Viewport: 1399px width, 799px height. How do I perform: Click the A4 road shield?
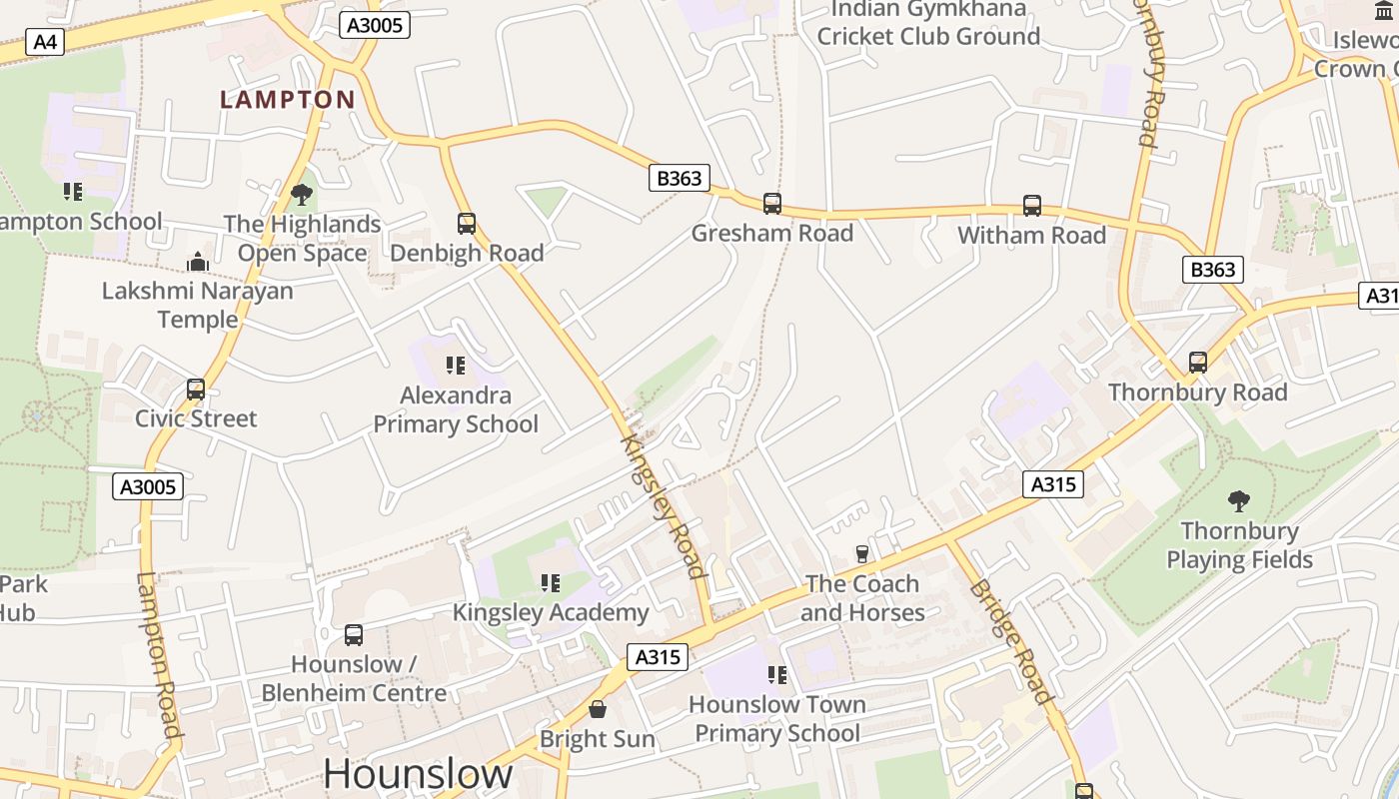(44, 42)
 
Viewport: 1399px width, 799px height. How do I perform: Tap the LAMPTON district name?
(288, 100)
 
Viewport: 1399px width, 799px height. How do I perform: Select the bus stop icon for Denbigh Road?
(467, 224)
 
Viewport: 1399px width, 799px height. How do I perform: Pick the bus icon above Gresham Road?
(772, 204)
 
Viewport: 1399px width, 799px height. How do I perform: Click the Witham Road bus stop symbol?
(1032, 206)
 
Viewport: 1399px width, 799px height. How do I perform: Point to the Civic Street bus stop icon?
(196, 390)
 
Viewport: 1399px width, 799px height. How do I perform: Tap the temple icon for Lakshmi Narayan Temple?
(198, 263)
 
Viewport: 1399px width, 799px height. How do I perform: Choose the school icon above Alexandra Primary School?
(456, 366)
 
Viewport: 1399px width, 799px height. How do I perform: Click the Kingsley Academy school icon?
(551, 582)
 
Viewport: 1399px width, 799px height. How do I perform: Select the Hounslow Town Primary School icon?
(777, 675)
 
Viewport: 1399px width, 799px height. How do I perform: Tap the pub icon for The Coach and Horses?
(862, 553)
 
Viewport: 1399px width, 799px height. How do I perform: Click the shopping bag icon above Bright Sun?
(598, 709)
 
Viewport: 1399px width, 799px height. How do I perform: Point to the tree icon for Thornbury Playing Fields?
(1239, 500)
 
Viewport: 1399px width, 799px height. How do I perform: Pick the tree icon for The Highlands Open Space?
(302, 194)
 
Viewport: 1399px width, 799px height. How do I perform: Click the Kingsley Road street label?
(664, 505)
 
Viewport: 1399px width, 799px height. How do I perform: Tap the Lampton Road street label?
(158, 655)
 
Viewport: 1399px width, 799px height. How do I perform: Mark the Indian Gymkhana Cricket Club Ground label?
(928, 23)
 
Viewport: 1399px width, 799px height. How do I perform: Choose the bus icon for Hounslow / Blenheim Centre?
(354, 635)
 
